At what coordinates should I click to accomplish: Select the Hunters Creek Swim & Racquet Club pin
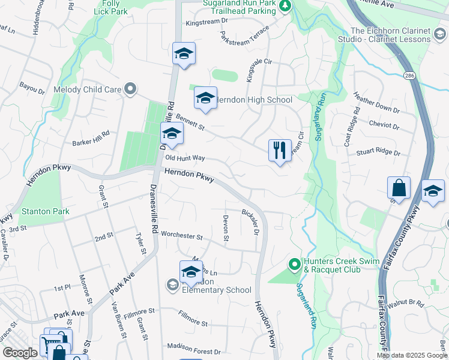point(294,264)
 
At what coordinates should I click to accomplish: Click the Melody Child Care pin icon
point(130,90)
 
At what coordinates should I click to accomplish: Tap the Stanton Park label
point(46,212)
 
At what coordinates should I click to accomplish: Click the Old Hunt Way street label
point(185,158)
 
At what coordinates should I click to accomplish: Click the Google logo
point(20,353)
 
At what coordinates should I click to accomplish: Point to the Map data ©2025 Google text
point(412,355)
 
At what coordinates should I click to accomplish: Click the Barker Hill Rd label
point(91,138)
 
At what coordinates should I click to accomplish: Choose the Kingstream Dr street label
point(207,22)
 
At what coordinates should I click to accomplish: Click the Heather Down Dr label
point(376,103)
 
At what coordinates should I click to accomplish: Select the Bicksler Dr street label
point(250,222)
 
